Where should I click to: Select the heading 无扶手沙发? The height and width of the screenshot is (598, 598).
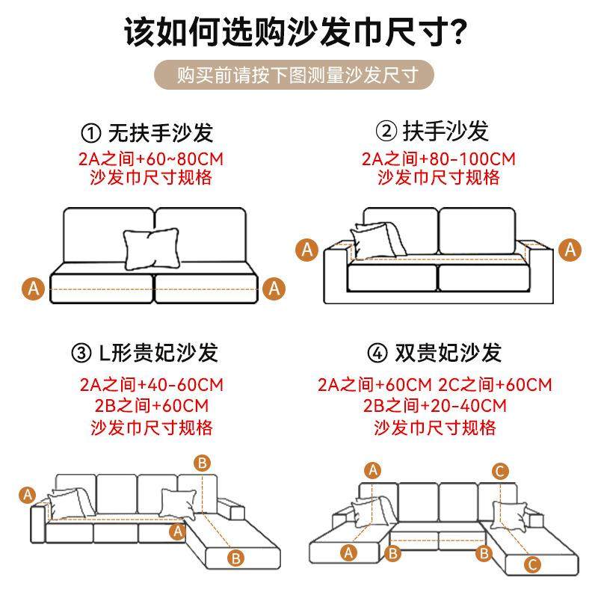161,133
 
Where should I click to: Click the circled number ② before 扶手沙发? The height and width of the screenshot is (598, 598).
386,132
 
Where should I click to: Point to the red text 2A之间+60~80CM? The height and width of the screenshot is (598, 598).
150,159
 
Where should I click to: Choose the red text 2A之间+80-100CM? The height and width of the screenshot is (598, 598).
438,159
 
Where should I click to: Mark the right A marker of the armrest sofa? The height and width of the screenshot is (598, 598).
570,249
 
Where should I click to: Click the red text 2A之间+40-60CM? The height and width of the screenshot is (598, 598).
151,386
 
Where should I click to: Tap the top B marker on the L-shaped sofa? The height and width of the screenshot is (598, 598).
202,463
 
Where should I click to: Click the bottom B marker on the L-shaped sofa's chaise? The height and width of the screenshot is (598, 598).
235,557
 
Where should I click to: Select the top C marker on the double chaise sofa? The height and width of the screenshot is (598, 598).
501,471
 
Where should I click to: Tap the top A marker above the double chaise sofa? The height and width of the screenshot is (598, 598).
373,470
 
